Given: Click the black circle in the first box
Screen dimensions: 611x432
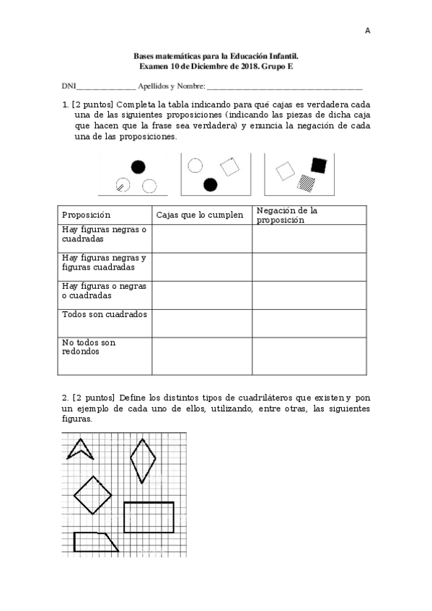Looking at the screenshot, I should (x=137, y=168).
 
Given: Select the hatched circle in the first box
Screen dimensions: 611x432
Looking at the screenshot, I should (x=123, y=186).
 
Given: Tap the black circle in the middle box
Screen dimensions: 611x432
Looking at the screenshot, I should (x=210, y=184).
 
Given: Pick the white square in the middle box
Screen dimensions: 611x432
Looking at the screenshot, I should (x=229, y=166).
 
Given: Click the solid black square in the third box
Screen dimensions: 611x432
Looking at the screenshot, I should (x=318, y=166).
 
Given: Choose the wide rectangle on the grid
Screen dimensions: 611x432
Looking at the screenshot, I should (x=149, y=517).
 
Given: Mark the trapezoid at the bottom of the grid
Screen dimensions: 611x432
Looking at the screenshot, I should (x=95, y=542).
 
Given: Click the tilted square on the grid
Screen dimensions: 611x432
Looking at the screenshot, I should (x=93, y=495).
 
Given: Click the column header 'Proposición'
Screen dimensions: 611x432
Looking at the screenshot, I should (x=86, y=215).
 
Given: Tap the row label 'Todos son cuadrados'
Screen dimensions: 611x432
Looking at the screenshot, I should (x=105, y=315).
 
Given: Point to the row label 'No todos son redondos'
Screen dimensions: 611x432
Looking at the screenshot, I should (x=89, y=347).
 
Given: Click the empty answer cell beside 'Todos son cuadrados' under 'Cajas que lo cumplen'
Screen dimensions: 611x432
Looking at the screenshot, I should (x=201, y=323).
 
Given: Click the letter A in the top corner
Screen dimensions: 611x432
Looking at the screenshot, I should (x=367, y=31).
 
